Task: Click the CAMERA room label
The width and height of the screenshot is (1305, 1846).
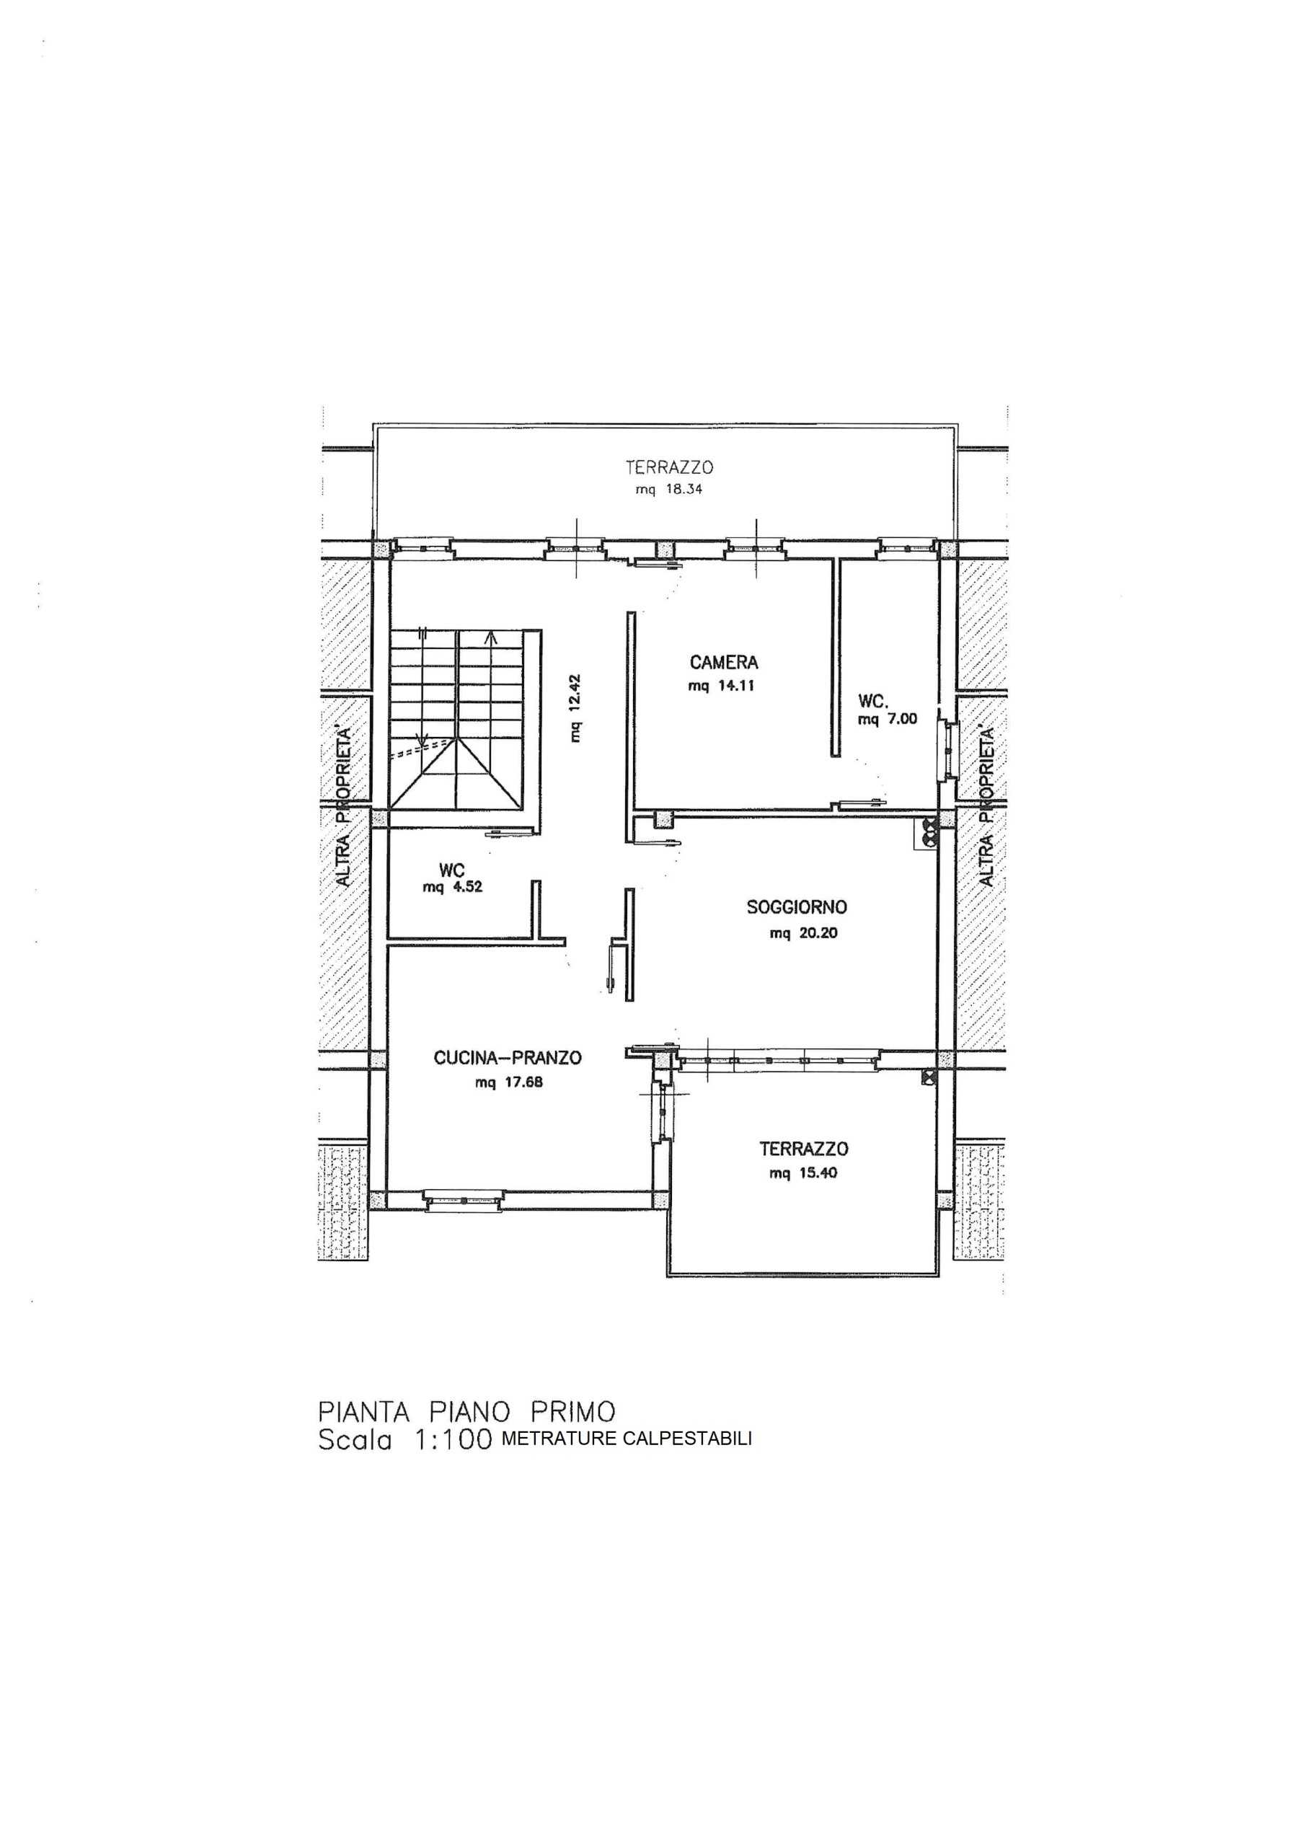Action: (x=724, y=663)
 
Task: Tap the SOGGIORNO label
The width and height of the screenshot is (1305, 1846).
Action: (x=797, y=907)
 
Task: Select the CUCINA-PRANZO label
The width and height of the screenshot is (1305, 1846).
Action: (x=508, y=1058)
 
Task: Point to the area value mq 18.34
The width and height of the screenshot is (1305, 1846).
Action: (x=669, y=490)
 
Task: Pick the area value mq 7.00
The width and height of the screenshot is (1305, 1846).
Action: (x=888, y=720)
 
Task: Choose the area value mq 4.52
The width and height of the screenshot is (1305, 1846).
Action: (x=453, y=888)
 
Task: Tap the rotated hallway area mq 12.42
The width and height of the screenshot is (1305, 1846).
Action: (x=575, y=707)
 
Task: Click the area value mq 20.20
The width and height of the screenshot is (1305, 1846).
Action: (x=803, y=933)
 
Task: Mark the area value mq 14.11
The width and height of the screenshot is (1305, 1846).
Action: (x=721, y=686)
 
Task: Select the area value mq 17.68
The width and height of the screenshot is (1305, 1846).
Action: (x=509, y=1082)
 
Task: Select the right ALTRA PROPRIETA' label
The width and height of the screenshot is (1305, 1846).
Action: (x=987, y=806)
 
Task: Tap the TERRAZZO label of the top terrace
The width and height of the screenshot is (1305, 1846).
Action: (x=670, y=467)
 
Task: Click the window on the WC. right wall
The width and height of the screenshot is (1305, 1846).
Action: (x=950, y=749)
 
